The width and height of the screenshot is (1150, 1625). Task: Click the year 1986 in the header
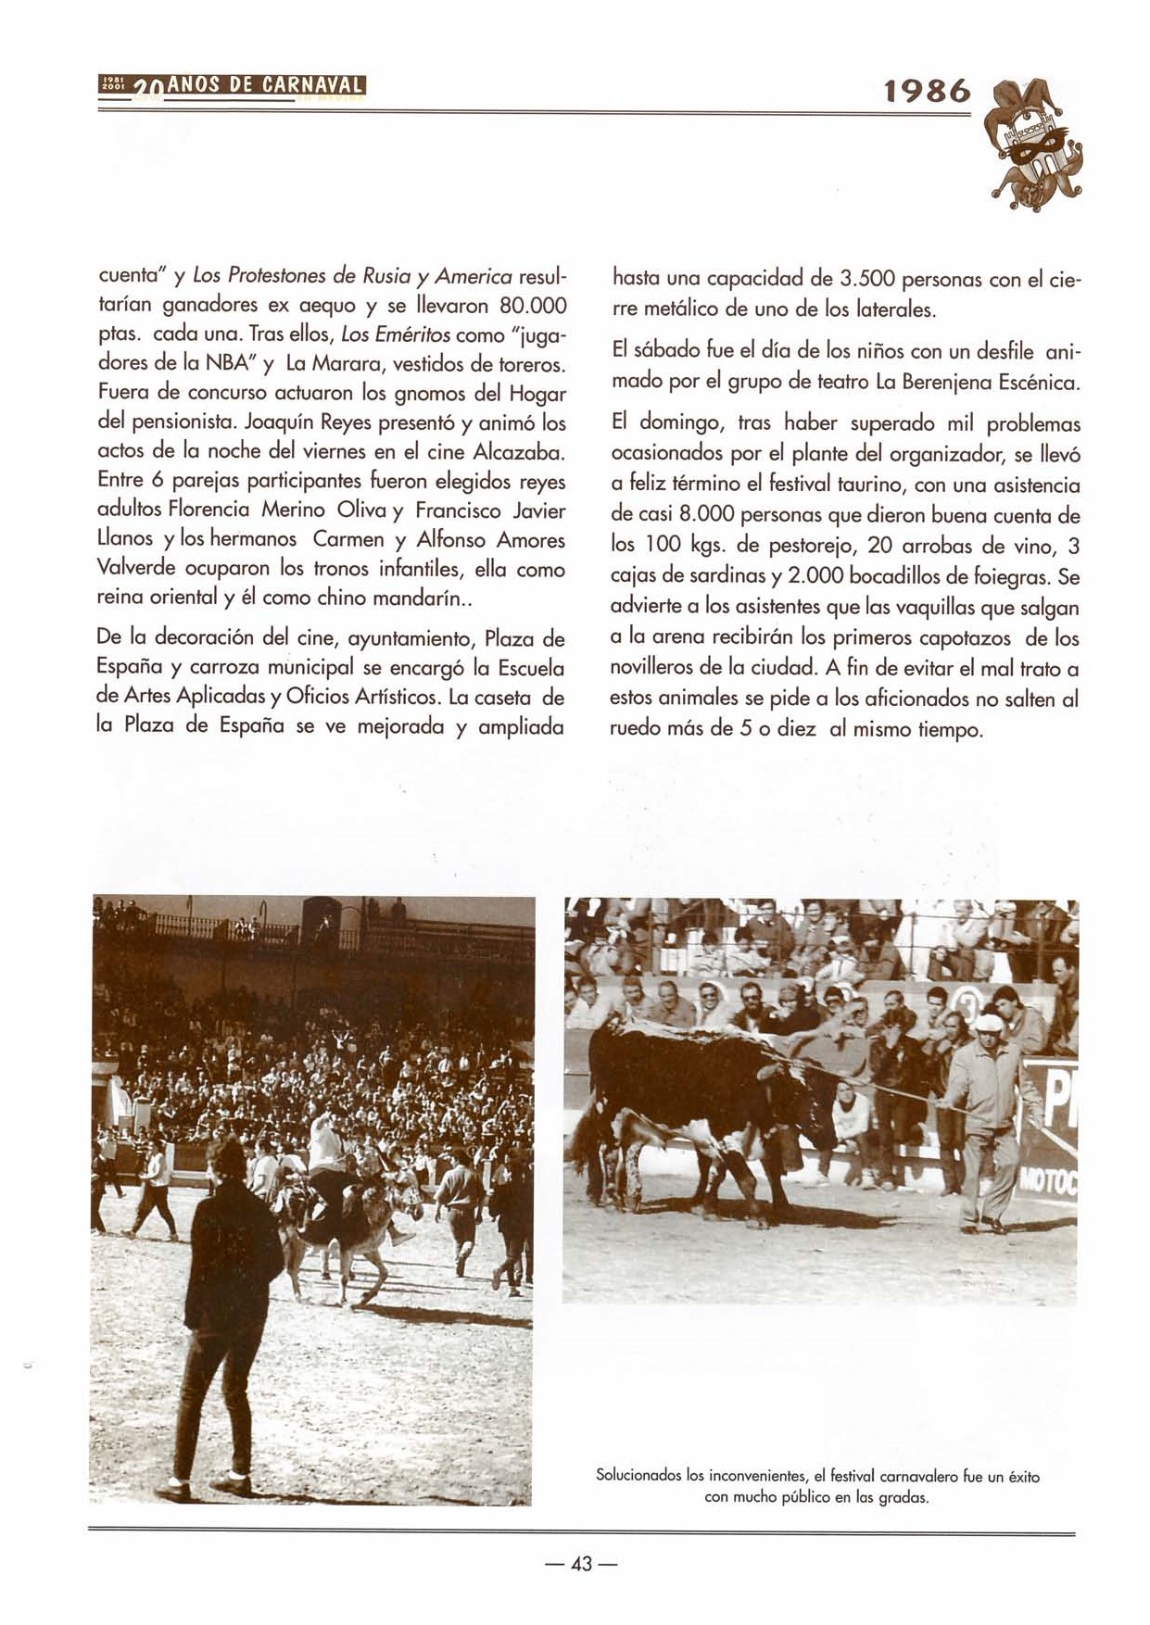coord(927,91)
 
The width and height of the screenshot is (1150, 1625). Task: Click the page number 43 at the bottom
coord(581,1564)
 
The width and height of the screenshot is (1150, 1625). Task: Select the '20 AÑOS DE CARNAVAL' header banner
coord(232,89)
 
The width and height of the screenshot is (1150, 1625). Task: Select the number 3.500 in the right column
coord(866,279)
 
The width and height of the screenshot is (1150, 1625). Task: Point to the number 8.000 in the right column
coord(701,515)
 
